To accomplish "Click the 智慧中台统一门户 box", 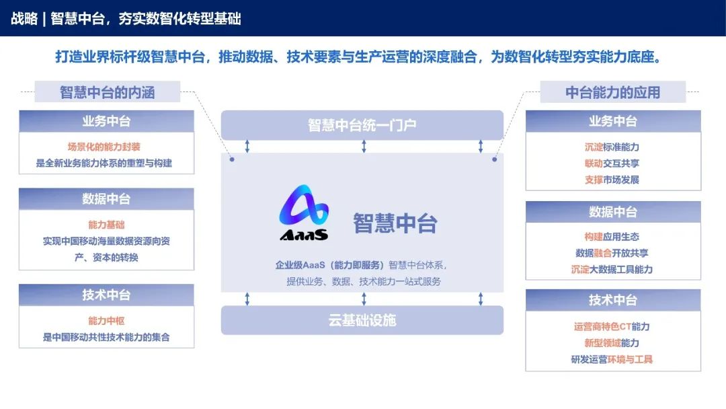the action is [362, 125].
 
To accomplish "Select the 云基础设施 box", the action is [362, 320].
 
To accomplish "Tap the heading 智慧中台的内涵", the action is [108, 92].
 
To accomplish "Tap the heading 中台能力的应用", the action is [612, 92].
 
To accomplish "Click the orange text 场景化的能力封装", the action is [104, 147].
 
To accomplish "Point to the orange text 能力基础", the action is [106, 225].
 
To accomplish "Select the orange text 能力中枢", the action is [106, 321].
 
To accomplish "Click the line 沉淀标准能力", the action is [612, 147].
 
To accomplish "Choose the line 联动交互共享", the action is [612, 163].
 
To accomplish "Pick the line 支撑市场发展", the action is [612, 180].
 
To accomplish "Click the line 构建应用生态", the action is [612, 237].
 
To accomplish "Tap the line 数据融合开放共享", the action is [612, 253].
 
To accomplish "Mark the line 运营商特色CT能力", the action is [612, 326].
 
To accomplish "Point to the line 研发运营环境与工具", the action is [612, 359].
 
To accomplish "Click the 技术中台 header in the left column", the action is [106, 295].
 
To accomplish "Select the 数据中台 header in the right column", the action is [612, 212].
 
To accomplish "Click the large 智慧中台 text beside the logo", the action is [395, 223].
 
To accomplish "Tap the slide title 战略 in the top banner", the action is [24, 18].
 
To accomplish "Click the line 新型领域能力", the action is [612, 343].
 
